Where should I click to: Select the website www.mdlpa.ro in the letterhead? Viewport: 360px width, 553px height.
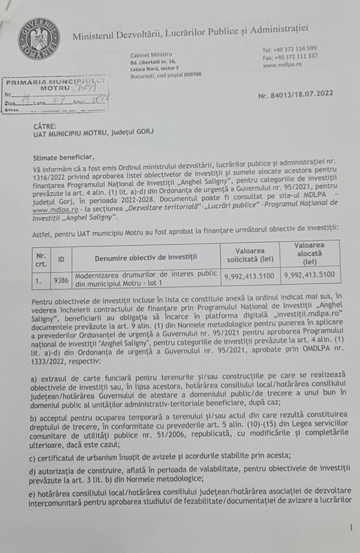[282, 64]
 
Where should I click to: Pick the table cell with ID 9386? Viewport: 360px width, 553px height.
[61, 280]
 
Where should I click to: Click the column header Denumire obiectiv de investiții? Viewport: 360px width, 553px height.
[146, 258]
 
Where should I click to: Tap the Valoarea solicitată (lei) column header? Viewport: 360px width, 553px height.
[250, 255]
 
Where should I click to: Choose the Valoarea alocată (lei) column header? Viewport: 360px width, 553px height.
[310, 253]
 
